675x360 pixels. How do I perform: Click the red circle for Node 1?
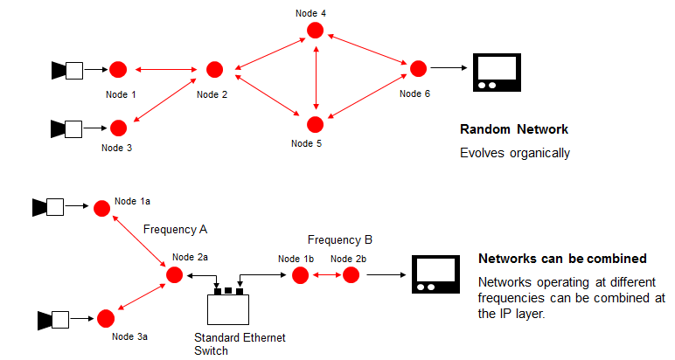(118, 69)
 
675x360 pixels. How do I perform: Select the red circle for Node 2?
(214, 69)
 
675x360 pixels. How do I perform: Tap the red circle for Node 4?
(315, 31)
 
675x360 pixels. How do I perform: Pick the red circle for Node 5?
(315, 123)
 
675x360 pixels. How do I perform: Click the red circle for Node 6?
(418, 68)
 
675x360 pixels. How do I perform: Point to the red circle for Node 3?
(118, 128)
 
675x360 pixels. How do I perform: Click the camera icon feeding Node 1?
(67, 69)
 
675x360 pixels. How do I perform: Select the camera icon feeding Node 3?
(67, 128)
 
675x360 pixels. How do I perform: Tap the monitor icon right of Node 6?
(496, 72)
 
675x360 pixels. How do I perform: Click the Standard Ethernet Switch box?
(228, 308)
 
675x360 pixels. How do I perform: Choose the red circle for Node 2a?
(174, 275)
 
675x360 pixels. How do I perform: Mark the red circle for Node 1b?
(300, 275)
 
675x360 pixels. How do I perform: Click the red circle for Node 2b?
(351, 275)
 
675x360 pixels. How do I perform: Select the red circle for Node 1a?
(102, 208)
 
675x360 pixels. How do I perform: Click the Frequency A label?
(175, 229)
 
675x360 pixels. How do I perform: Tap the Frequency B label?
(340, 239)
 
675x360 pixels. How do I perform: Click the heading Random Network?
(514, 129)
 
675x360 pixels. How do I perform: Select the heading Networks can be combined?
(562, 260)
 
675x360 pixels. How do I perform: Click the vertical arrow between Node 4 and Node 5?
(315, 77)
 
